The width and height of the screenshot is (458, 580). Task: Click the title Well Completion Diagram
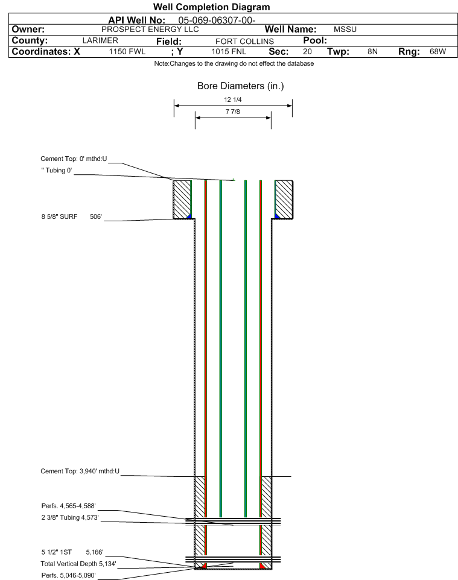211,7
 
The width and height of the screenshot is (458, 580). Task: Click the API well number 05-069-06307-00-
217,20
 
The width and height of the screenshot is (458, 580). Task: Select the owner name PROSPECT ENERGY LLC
150,30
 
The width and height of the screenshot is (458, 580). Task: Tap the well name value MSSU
345,30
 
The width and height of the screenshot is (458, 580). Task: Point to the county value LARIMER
100,40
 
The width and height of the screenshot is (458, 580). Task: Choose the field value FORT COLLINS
244,42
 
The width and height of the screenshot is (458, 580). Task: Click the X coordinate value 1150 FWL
127,52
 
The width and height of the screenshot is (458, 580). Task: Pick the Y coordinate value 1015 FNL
229,52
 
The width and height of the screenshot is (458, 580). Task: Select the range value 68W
437,52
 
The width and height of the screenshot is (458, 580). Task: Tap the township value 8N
372,52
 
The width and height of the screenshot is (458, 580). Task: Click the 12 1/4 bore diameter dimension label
232,99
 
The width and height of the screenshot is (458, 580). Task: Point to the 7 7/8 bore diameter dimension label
232,112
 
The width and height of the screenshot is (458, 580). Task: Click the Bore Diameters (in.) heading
240,86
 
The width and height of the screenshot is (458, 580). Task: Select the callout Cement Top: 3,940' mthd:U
80,471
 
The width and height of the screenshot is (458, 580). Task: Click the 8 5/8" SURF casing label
59,217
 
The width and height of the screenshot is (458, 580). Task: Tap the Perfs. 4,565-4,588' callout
69,506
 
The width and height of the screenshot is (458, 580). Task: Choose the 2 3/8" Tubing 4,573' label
70,517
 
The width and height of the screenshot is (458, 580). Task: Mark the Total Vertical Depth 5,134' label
78,564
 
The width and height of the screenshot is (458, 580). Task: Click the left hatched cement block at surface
182,199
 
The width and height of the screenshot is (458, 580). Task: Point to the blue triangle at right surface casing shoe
276,216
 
